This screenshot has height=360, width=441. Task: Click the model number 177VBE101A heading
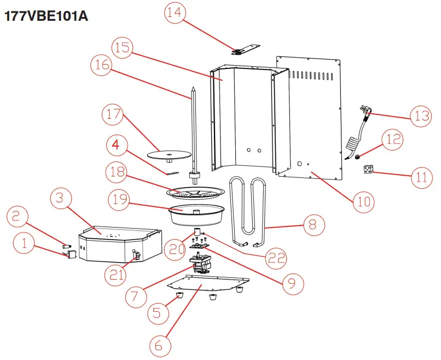46,16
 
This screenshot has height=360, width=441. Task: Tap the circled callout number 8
312,224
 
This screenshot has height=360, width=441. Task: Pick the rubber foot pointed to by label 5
179,296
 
